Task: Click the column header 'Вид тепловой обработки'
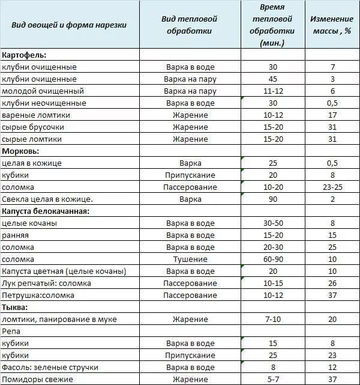(190, 25)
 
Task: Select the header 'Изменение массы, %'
(331, 25)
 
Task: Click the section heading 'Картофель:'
(25, 55)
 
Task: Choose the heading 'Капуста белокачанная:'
(46, 211)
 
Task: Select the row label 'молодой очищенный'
(43, 91)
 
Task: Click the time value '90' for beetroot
(273, 199)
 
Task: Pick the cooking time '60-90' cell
(273, 259)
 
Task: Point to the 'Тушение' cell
(190, 259)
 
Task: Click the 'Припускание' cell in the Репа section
(190, 355)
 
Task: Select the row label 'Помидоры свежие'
(37, 379)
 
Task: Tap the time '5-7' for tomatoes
(273, 379)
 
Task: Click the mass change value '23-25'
(332, 187)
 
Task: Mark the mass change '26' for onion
(332, 283)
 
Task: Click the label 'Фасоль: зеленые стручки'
(50, 367)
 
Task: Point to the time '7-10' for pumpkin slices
(273, 319)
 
